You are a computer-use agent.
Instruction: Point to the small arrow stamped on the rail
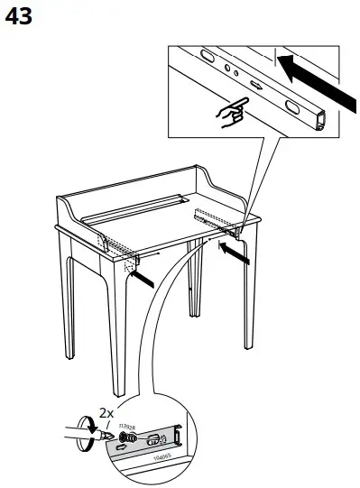(255, 86)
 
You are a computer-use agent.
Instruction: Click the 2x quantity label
(106, 413)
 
